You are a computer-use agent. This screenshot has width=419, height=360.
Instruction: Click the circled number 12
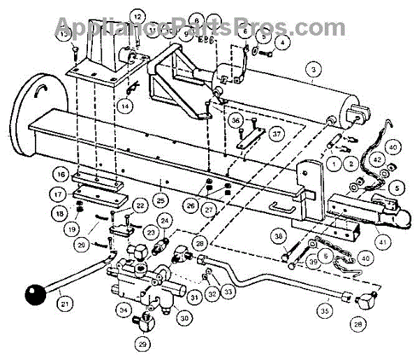coord(138,17)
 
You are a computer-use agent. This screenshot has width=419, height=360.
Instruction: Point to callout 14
coord(124,106)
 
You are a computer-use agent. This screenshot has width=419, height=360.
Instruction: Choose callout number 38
coord(279,237)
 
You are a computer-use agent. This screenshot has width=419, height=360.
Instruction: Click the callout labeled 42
coord(378,159)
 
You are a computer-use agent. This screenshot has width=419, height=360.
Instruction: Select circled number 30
coord(184,318)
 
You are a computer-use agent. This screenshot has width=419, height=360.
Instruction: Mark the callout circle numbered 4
coord(282,43)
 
